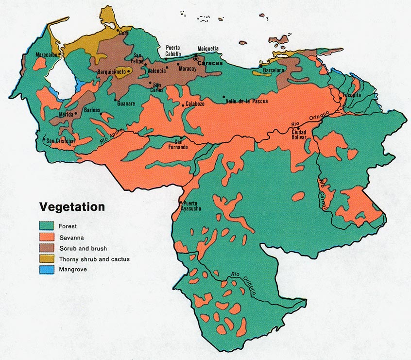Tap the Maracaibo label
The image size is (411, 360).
point(46,55)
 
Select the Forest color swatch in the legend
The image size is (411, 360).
point(46,226)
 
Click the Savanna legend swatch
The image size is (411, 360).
point(46,237)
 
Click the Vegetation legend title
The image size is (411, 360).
point(72,207)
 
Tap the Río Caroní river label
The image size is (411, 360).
point(325,194)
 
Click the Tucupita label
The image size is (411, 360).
point(351,95)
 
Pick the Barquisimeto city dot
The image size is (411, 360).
point(128,71)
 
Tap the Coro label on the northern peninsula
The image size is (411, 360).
point(123,34)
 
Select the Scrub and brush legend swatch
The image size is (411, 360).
point(46,248)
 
